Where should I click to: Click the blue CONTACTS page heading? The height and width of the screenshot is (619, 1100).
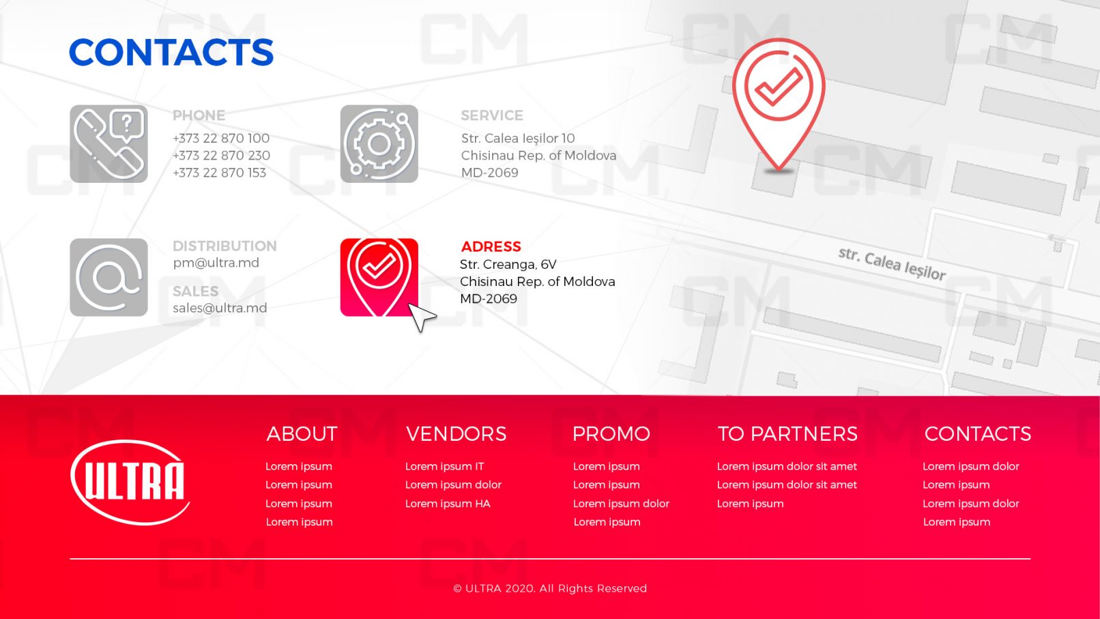(171, 52)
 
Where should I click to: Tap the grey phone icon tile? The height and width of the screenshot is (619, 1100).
(108, 143)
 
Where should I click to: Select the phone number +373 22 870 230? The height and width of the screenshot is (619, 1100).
(221, 156)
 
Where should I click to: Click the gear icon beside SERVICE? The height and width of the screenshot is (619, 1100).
(379, 143)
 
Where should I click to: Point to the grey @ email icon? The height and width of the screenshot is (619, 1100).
(108, 277)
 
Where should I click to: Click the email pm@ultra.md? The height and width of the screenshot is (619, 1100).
(216, 263)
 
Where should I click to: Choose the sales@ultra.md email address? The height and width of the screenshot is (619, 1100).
(220, 308)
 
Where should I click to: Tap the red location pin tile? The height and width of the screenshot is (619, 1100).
(379, 277)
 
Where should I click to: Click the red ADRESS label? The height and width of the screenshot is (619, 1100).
(491, 246)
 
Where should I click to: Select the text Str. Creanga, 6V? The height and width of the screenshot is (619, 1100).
(508, 264)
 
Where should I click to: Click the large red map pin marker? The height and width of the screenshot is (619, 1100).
(779, 104)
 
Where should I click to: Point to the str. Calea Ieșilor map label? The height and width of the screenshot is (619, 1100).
(892, 264)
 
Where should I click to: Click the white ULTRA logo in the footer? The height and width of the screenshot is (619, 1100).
(130, 482)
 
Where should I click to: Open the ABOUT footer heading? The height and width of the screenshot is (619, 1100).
(302, 434)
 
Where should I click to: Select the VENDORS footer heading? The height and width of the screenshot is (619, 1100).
(457, 434)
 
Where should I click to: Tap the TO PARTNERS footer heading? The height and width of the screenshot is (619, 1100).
(787, 434)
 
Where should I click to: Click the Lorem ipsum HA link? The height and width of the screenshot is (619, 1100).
(448, 504)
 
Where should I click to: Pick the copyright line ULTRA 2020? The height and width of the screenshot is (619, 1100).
(550, 588)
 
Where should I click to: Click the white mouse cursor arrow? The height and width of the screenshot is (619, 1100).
(421, 317)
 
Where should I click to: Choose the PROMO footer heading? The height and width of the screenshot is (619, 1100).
(611, 434)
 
